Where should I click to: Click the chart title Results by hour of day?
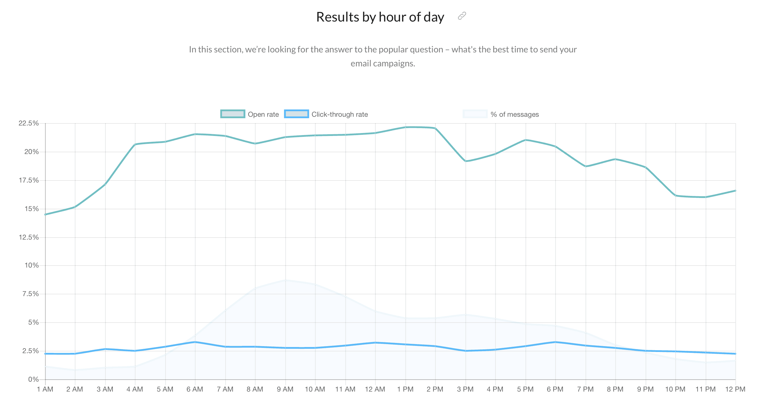[x=380, y=17]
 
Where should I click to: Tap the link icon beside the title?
[x=462, y=16]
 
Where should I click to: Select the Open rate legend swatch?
[x=233, y=114]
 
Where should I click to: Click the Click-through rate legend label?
[x=339, y=114]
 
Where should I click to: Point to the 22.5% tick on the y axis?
[x=29, y=123]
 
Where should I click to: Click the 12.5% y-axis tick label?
[x=29, y=237]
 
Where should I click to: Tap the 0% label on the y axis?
[x=33, y=379]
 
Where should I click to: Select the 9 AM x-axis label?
[x=285, y=389]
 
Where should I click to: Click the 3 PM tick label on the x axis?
[x=465, y=389]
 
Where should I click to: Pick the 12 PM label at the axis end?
[x=735, y=389]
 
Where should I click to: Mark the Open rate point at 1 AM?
[x=45, y=214]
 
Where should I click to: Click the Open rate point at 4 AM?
[x=135, y=144]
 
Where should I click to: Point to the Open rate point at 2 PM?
[x=435, y=128]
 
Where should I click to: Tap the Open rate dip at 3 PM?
[x=466, y=161]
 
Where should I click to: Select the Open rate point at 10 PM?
[x=675, y=196]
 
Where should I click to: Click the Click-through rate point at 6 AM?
[x=195, y=342]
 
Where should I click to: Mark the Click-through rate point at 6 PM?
[x=555, y=342]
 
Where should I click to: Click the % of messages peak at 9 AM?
[x=285, y=280]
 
